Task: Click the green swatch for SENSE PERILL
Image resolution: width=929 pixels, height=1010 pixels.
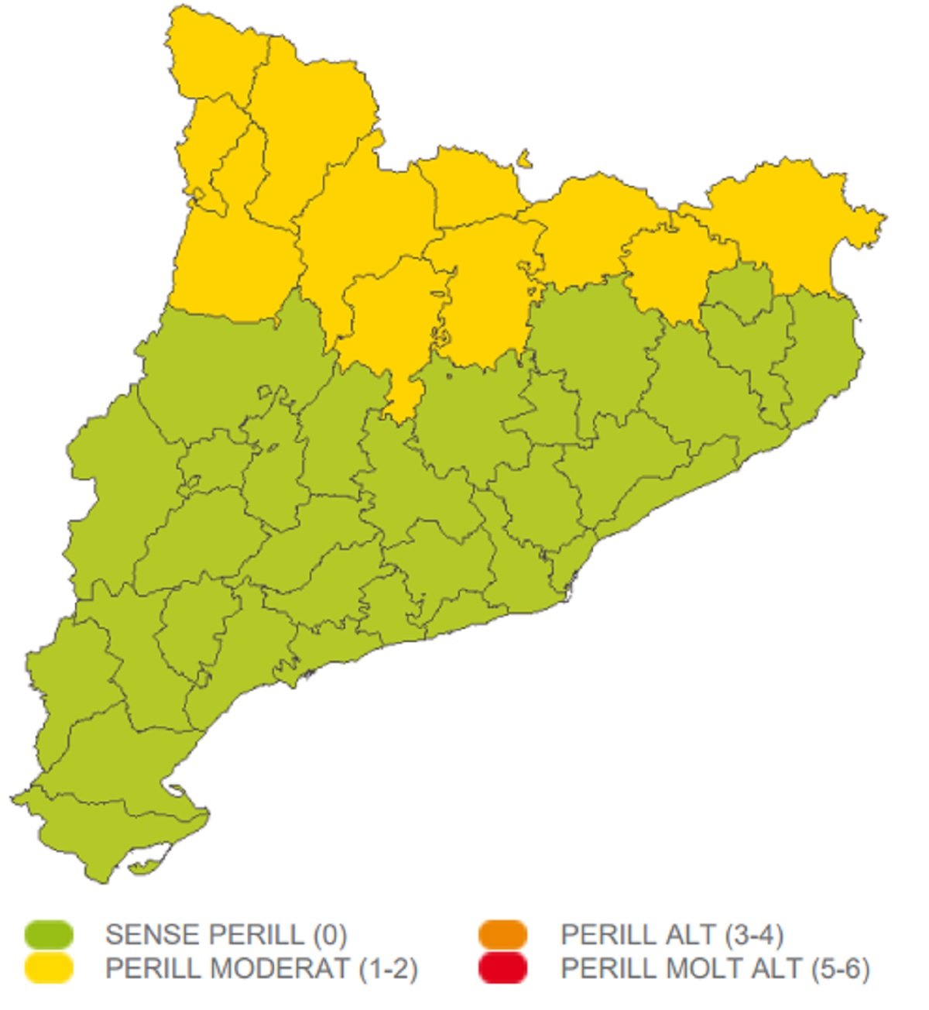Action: pos(49,935)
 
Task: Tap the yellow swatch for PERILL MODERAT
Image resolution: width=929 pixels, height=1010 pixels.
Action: pos(49,969)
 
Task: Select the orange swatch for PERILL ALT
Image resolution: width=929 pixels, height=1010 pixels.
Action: pos(502,935)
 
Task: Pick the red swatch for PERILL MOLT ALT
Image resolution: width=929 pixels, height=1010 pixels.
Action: pos(502,969)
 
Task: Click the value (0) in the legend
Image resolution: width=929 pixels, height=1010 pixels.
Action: pos(331,935)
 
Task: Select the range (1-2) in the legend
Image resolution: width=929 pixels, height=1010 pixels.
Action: pos(389,969)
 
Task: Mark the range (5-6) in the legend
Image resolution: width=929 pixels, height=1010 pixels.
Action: pos(841,969)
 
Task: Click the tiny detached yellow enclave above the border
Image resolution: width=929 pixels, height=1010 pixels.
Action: pos(525,160)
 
